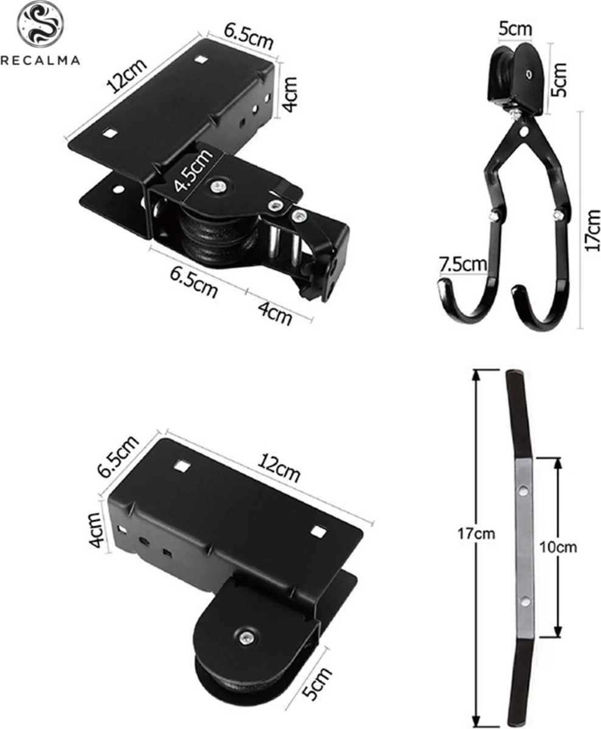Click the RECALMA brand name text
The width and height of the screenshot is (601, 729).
point(40,60)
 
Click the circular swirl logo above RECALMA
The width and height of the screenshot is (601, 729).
point(40,24)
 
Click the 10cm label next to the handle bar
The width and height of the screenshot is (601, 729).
point(558,547)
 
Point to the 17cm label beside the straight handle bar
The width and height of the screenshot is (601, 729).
point(478,534)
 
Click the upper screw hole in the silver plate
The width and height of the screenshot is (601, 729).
point(521,490)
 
